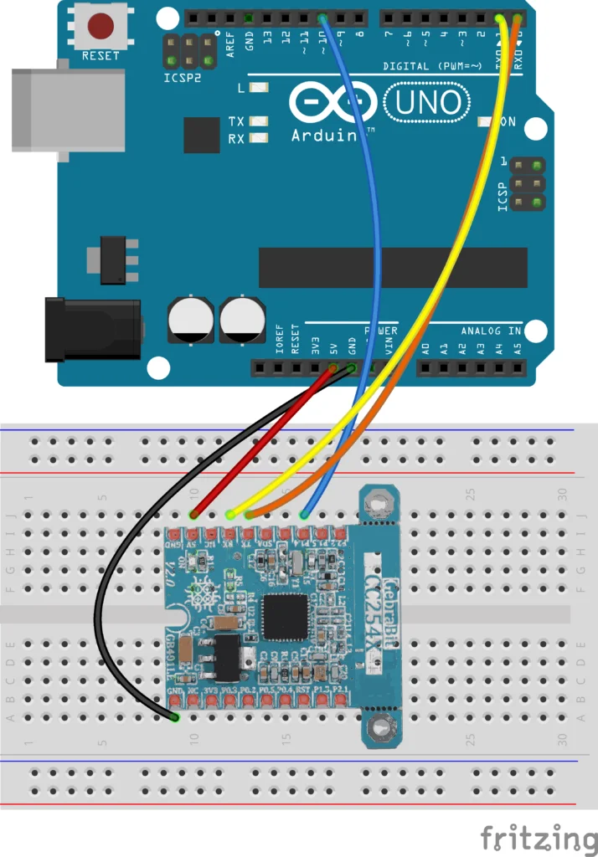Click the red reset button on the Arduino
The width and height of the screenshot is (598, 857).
(101, 26)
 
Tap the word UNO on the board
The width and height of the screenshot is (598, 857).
(427, 103)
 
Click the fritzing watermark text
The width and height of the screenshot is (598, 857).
(539, 838)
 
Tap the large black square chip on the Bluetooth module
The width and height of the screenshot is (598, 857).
(286, 617)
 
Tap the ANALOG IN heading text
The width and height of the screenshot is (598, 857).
(490, 331)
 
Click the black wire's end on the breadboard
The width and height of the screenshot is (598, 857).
(174, 716)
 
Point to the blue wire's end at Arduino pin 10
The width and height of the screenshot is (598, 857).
(322, 18)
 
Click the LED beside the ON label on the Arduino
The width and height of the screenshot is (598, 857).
(483, 122)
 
